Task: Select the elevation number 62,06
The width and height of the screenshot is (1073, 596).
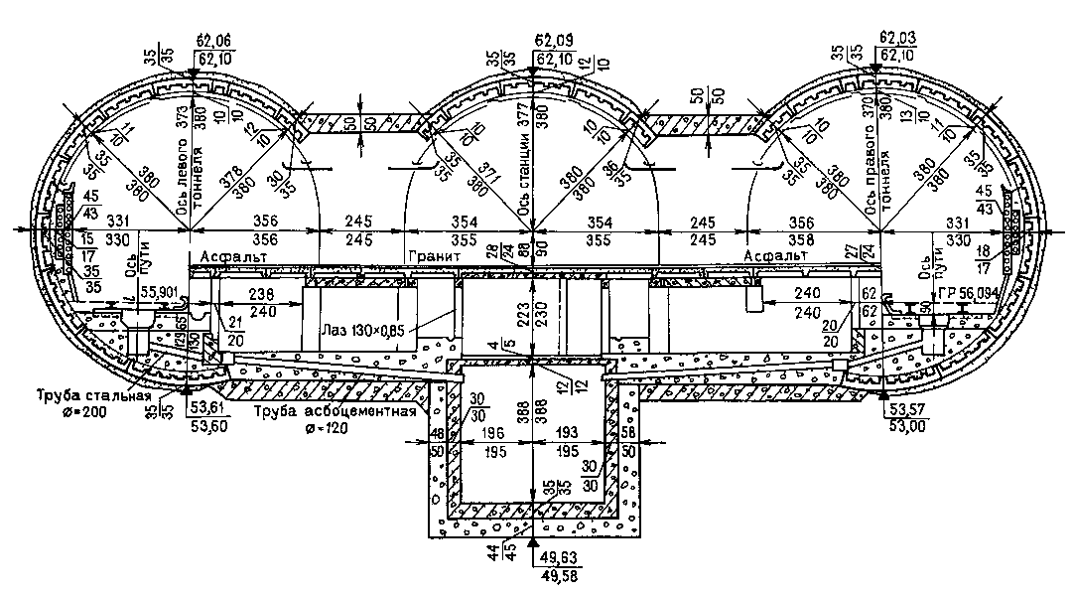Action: click(x=216, y=41)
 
